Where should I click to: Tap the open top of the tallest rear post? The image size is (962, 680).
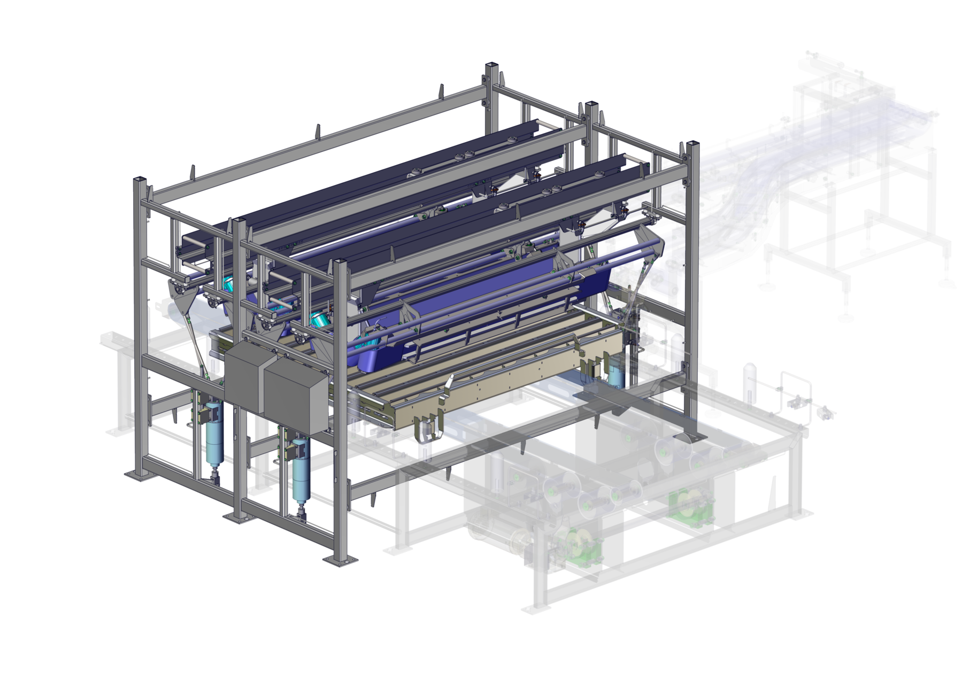[491, 67]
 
